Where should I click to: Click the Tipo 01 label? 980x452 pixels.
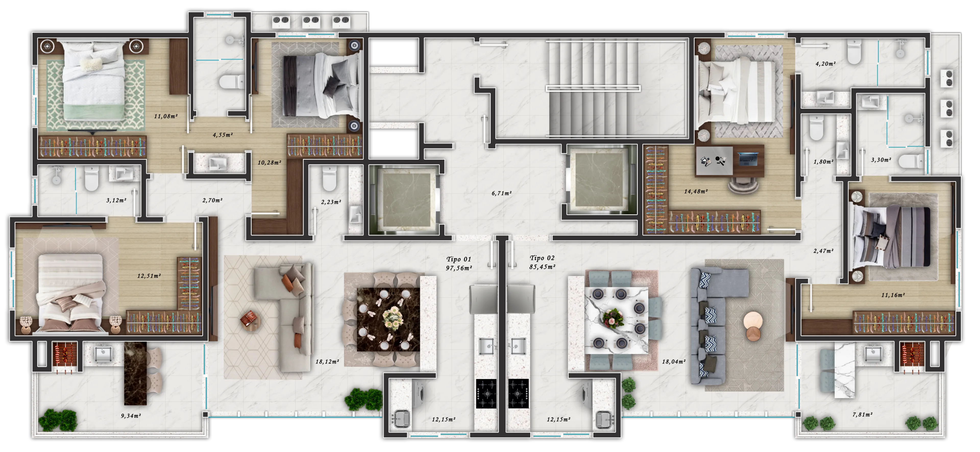coord(459,259)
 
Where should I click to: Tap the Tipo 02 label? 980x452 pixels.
coord(542,258)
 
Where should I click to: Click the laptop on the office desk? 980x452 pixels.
coord(748,158)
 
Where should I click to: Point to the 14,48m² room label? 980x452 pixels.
coord(696,192)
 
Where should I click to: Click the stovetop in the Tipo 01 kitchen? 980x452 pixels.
coord(486,393)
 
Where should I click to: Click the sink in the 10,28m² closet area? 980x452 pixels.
coord(218,164)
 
